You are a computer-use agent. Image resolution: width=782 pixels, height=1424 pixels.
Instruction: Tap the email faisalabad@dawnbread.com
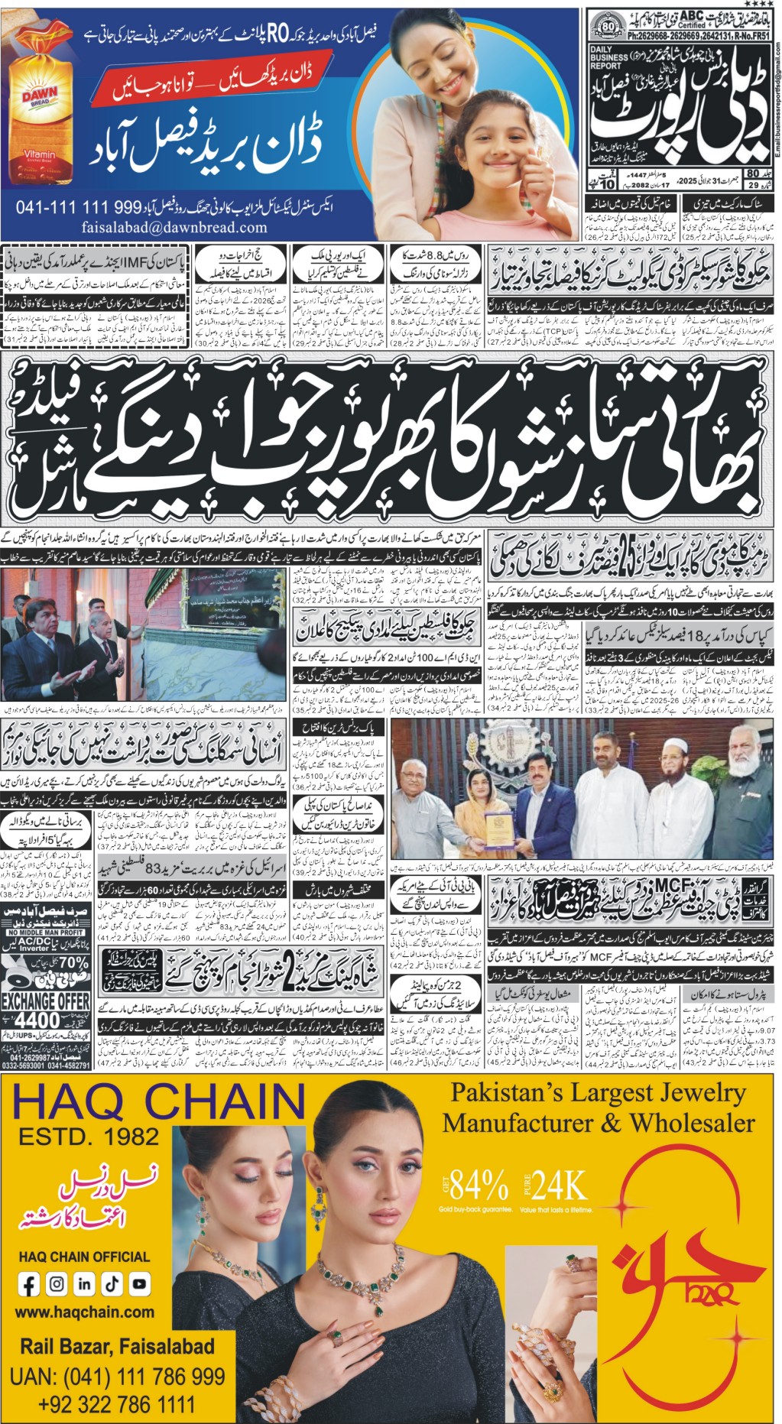(x=174, y=227)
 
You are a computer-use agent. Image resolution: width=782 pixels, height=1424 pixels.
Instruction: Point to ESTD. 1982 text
(x=89, y=1137)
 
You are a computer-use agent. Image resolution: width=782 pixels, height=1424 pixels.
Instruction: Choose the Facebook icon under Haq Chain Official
(x=29, y=1284)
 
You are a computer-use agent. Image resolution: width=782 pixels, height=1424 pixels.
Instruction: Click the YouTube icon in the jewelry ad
(x=139, y=1284)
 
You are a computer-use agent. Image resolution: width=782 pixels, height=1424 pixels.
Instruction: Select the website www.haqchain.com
(x=85, y=1312)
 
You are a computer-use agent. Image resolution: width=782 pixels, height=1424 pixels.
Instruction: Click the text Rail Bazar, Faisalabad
(x=117, y=1346)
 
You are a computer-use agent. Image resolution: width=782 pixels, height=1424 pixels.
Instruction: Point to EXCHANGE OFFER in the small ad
(x=46, y=1000)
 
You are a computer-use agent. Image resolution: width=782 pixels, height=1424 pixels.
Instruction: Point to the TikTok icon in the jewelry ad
(x=112, y=1284)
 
